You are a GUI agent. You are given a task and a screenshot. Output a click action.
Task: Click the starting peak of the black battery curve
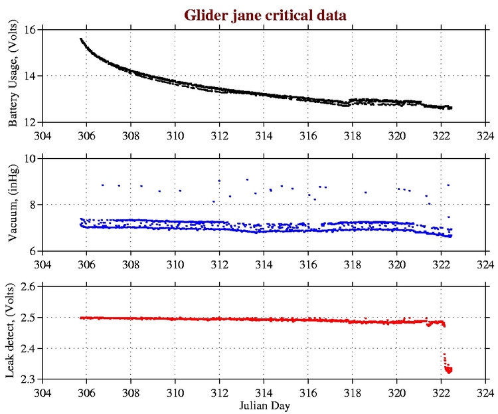tap(81, 39)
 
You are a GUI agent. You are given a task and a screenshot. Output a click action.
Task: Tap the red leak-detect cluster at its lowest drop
tap(449, 370)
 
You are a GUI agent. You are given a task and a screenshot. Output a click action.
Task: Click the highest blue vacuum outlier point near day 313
tap(247, 179)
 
